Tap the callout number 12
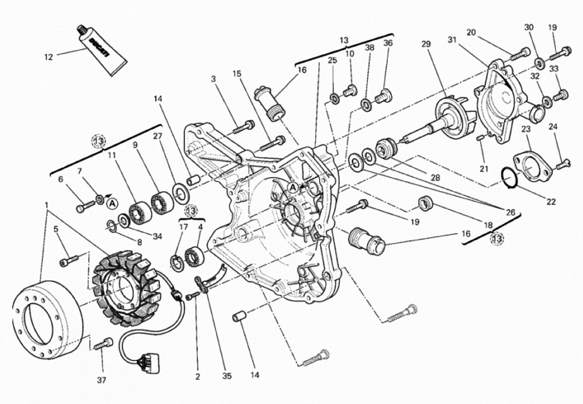tap(49, 57)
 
